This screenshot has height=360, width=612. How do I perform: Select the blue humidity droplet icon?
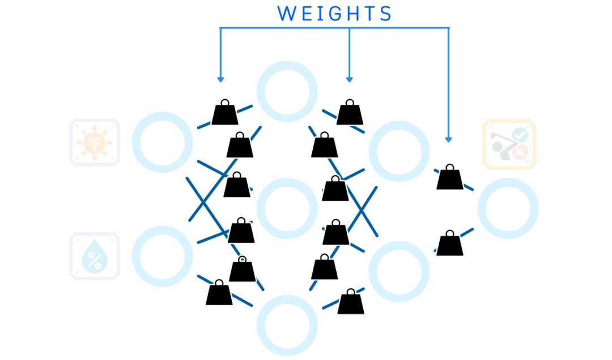[x=95, y=256]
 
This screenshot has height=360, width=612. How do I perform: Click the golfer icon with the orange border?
[x=508, y=143]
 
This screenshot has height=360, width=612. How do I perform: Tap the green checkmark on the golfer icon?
[x=520, y=135]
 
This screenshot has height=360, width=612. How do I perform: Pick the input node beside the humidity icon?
[x=162, y=256]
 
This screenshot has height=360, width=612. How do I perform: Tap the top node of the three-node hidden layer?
[x=288, y=91]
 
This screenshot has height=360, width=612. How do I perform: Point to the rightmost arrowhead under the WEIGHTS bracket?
[x=449, y=138]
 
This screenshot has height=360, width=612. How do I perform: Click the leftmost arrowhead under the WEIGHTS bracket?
[x=220, y=79]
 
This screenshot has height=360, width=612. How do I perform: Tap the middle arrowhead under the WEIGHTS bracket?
[x=349, y=79]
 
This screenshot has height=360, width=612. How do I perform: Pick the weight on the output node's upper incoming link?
[x=449, y=177]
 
